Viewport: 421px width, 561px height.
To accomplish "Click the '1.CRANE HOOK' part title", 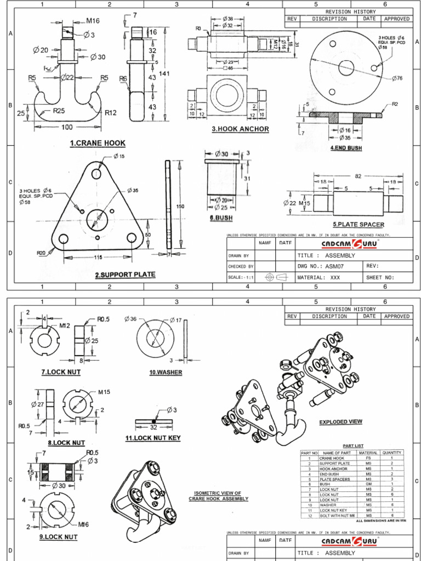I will (x=98, y=143).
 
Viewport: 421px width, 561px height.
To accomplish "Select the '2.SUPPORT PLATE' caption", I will (x=125, y=274).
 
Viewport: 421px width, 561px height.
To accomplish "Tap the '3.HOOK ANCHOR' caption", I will (x=241, y=129).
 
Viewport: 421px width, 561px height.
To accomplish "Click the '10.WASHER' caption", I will (x=166, y=373).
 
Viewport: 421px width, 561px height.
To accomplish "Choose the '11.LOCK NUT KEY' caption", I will (x=152, y=438).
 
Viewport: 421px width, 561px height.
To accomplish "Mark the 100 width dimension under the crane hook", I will (x=67, y=127).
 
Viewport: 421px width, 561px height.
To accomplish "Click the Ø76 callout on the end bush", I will (x=397, y=78).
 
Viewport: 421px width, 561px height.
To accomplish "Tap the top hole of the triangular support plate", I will (x=96, y=173).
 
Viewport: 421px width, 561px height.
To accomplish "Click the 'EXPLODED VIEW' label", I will (x=341, y=422).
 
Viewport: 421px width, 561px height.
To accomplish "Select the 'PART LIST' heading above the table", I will (x=352, y=446).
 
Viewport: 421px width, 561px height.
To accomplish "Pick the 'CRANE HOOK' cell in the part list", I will (x=333, y=458).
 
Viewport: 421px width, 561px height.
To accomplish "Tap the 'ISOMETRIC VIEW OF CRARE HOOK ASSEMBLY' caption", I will (x=218, y=496).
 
